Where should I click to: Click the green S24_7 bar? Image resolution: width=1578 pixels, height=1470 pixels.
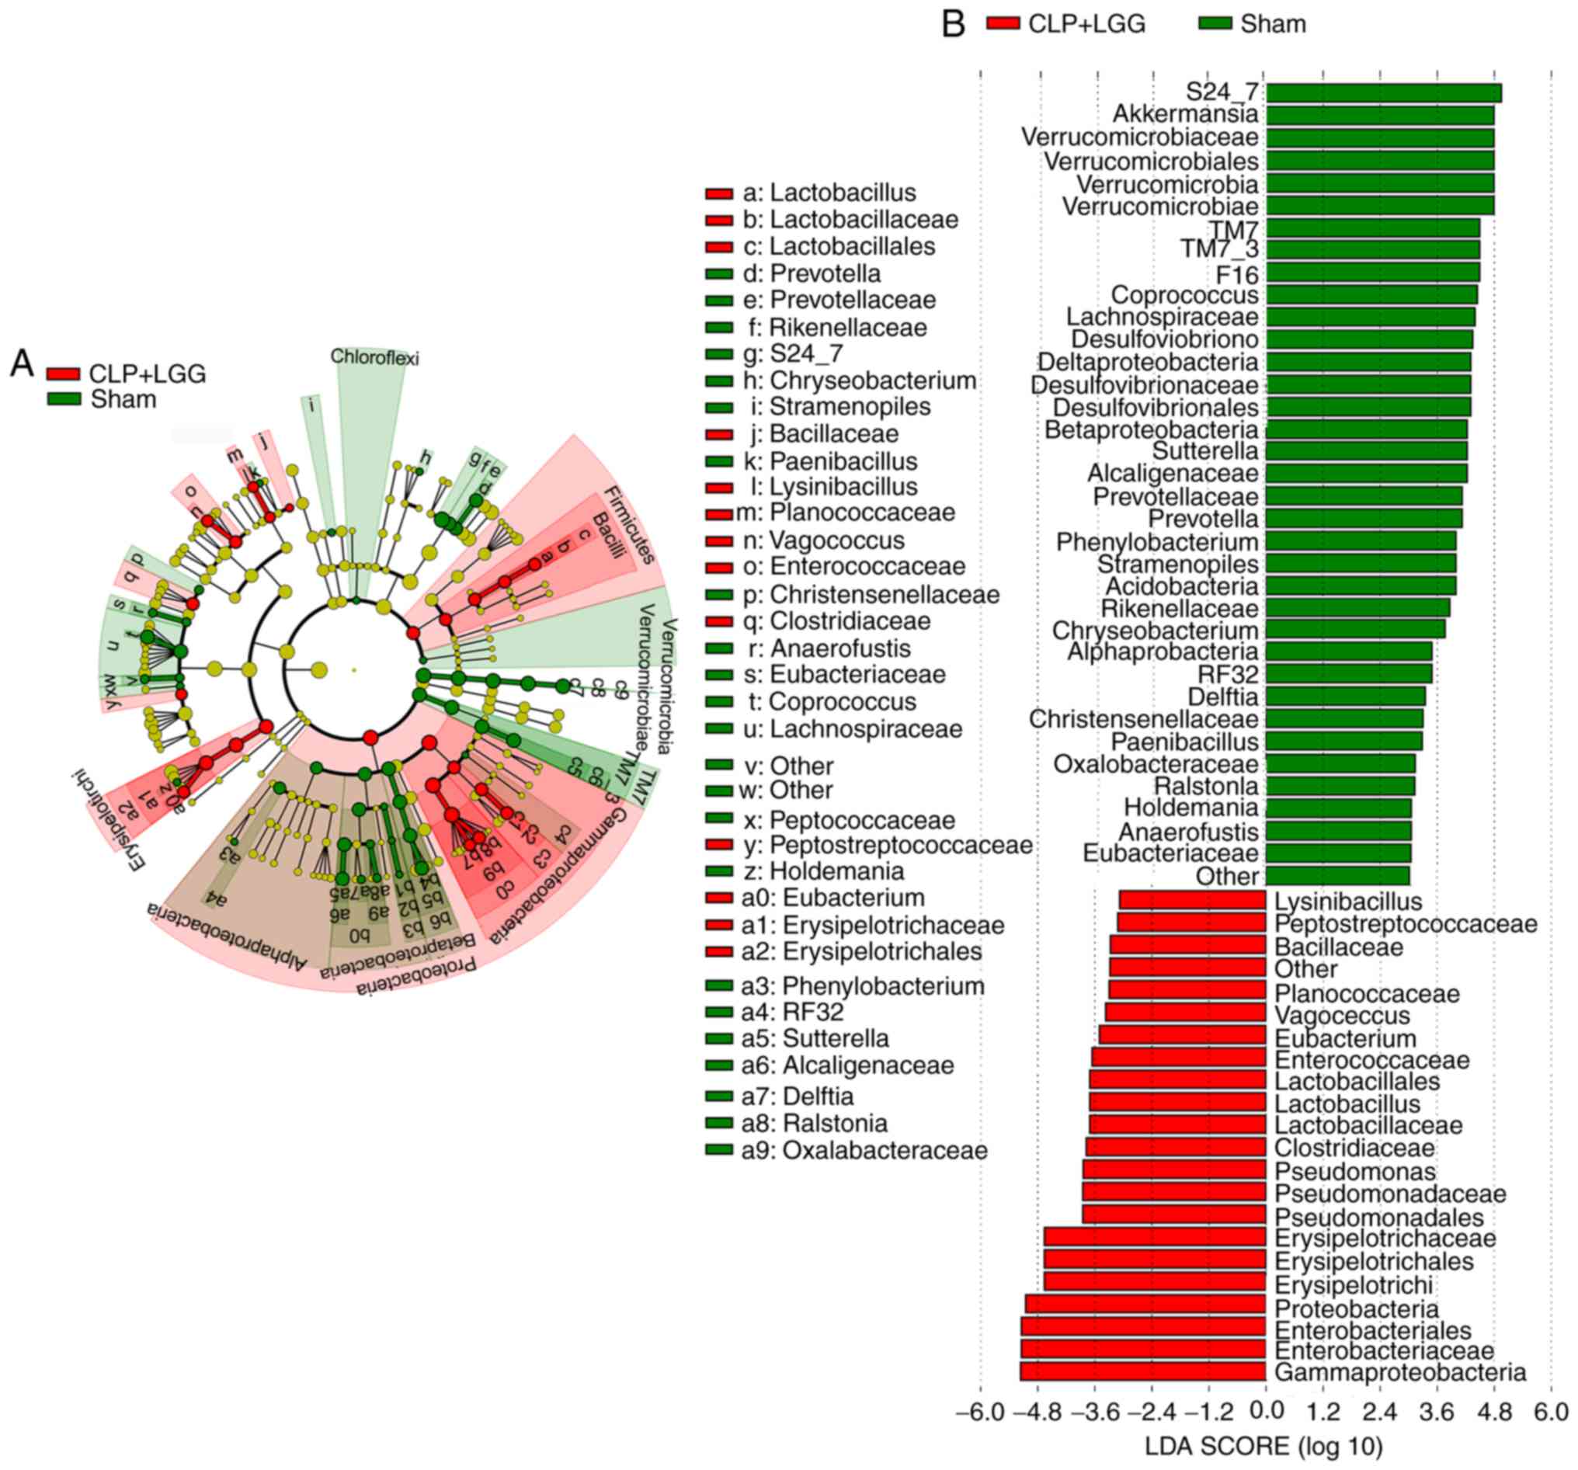(x=1383, y=93)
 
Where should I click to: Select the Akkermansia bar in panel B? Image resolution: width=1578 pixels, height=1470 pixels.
(x=1379, y=115)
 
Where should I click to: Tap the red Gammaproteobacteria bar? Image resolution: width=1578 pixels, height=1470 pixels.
(x=1142, y=1371)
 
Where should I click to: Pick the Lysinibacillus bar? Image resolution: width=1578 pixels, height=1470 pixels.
(x=1191, y=900)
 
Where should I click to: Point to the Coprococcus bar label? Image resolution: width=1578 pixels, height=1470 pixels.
(x=1184, y=295)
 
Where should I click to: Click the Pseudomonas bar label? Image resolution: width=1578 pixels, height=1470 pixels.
(x=1355, y=1172)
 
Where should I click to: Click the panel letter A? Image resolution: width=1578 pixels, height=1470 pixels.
(x=22, y=364)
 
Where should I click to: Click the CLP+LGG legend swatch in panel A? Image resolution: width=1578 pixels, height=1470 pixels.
(x=64, y=374)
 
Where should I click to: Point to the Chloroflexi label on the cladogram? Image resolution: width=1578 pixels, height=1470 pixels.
(x=374, y=357)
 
